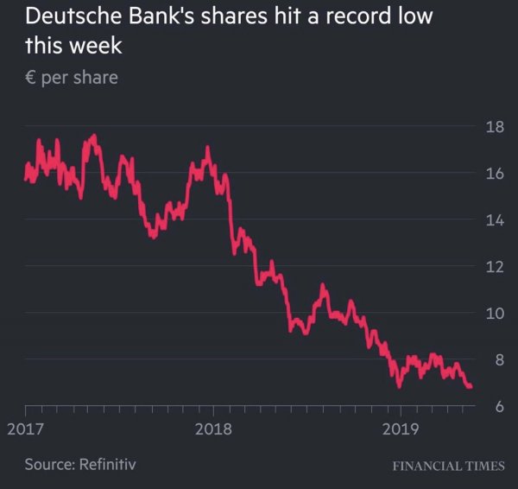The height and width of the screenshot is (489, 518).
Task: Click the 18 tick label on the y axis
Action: click(x=494, y=128)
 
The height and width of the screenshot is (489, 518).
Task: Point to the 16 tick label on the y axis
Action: click(x=494, y=175)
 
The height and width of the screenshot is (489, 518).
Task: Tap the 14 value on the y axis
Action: click(x=494, y=220)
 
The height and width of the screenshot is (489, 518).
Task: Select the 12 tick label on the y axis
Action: click(x=494, y=267)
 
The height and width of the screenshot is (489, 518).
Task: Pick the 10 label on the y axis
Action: click(x=494, y=313)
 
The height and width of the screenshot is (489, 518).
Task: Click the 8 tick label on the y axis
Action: click(x=498, y=359)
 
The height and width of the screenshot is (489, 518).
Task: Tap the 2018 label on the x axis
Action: click(x=212, y=429)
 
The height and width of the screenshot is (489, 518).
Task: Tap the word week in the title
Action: click(x=95, y=45)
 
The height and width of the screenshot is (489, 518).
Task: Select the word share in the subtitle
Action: click(x=96, y=78)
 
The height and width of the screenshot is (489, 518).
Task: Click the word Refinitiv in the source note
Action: click(x=106, y=465)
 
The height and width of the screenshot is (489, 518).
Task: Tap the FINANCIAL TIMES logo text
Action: click(x=448, y=466)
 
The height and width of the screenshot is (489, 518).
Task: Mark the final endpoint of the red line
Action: click(x=471, y=386)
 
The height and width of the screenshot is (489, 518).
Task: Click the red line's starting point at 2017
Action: click(x=26, y=176)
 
